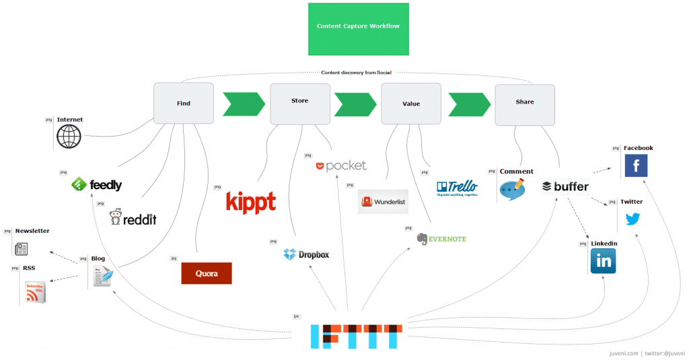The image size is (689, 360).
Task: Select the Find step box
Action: click(184, 103)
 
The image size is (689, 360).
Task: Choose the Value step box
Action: click(411, 104)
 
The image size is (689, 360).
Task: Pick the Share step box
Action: click(525, 104)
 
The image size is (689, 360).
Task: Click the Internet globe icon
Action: click(69, 137)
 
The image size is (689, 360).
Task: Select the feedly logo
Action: click(97, 184)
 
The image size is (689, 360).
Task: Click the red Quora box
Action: click(206, 273)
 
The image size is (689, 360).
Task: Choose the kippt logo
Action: click(250, 202)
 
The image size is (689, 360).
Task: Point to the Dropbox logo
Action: click(306, 254)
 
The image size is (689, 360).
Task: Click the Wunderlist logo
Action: click(383, 201)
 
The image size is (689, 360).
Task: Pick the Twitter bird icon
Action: click(632, 219)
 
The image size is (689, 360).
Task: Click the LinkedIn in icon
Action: click(603, 261)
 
